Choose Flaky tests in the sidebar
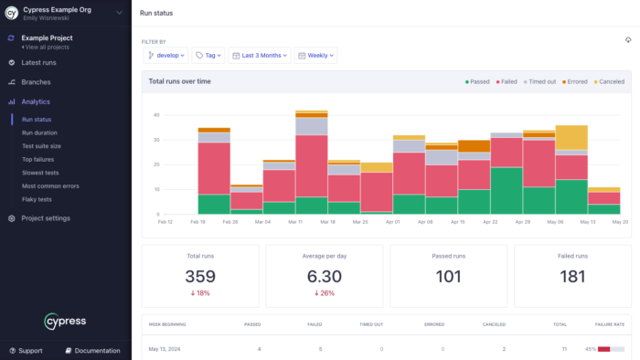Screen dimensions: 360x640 (x=37, y=198)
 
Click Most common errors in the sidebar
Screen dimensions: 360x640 (x=49, y=185)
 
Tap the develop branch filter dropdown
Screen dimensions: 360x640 (x=165, y=56)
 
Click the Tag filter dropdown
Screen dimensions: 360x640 (x=208, y=56)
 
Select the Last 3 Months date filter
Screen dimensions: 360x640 (x=260, y=56)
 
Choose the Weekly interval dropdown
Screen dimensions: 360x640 (x=316, y=56)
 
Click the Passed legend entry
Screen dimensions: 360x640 (x=476, y=81)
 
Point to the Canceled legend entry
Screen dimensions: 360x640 (x=608, y=81)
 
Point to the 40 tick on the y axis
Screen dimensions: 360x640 (x=157, y=115)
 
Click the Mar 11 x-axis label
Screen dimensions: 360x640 (x=295, y=222)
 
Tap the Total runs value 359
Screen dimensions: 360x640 (x=200, y=277)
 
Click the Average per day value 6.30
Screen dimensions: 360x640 (x=325, y=277)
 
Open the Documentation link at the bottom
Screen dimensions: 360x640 (x=92, y=351)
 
